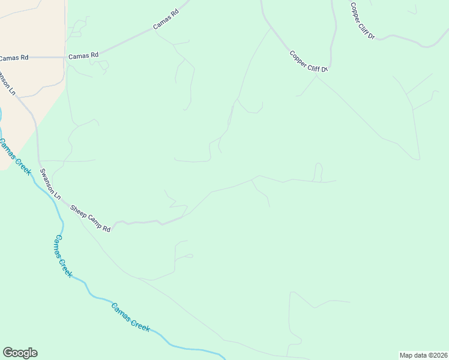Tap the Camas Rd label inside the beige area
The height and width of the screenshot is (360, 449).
[14, 58]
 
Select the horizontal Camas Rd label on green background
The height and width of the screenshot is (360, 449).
[83, 56]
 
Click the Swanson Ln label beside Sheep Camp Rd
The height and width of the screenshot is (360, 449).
[51, 184]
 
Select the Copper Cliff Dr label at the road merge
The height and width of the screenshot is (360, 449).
[309, 62]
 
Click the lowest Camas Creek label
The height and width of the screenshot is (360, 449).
[130, 317]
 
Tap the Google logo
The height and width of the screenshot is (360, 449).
[20, 353]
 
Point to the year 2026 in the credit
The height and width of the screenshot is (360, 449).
[438, 355]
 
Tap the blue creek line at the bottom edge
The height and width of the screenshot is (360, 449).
[224, 358]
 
